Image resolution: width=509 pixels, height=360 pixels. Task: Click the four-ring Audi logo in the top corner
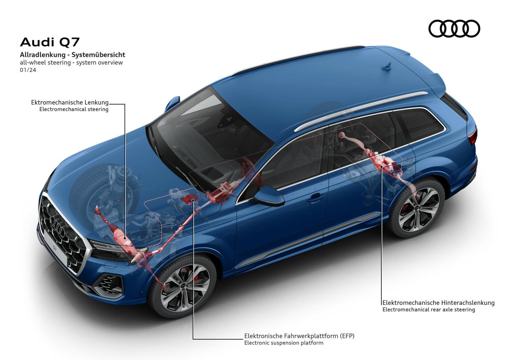click(454, 28)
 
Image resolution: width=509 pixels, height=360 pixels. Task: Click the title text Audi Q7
click(50, 42)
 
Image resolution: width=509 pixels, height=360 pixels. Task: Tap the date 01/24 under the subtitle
click(28, 70)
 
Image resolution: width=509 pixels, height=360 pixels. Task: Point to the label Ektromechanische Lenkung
click(70, 103)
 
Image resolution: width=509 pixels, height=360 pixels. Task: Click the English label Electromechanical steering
click(74, 109)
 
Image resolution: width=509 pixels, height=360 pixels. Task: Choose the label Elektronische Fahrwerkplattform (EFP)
click(299, 336)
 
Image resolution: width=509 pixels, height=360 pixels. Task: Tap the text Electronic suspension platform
click(284, 343)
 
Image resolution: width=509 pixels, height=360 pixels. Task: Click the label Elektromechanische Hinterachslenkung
click(438, 302)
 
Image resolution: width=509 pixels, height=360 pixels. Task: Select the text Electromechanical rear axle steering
click(429, 310)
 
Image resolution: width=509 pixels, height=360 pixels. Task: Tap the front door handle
click(315, 199)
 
